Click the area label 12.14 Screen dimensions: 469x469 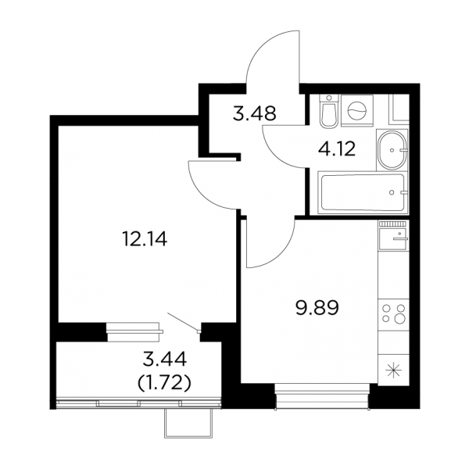pyautogui.click(x=145, y=239)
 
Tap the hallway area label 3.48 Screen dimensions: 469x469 pyautogui.click(x=254, y=113)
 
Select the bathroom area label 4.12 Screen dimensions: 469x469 pyautogui.click(x=337, y=149)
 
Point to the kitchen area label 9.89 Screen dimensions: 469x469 pyautogui.click(x=317, y=309)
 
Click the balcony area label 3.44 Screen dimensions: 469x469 pyautogui.click(x=165, y=360)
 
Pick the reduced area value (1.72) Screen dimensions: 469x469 pyautogui.click(x=164, y=383)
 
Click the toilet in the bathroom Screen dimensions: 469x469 pyautogui.click(x=329, y=111)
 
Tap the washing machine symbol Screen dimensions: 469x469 pyautogui.click(x=357, y=111)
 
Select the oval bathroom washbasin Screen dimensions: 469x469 pyautogui.click(x=392, y=150)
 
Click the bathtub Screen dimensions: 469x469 pyautogui.click(x=363, y=192)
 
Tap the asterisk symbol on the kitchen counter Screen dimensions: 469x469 pyautogui.click(x=393, y=371)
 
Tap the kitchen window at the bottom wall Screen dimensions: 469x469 pyautogui.click(x=322, y=396)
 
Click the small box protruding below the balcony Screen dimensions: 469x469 pyautogui.click(x=188, y=423)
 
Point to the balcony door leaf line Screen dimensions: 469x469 pyautogui.click(x=182, y=321)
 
